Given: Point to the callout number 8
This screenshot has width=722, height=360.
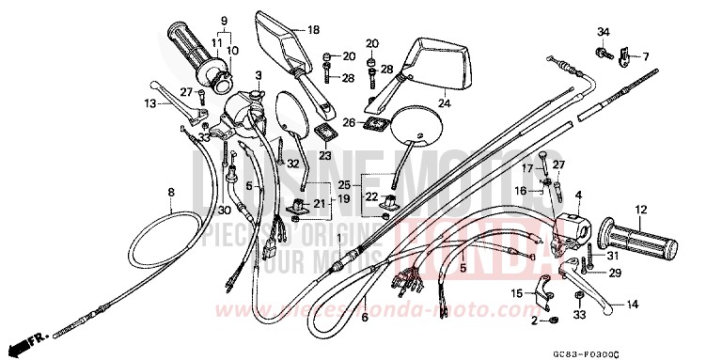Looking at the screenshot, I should point(171,194).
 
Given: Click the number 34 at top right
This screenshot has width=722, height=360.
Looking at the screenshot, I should point(603,34).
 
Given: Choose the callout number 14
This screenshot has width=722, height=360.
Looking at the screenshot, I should point(632,304).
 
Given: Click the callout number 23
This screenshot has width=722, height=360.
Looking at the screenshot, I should point(325,156).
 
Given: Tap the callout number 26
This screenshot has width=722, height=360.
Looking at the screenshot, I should point(348,122).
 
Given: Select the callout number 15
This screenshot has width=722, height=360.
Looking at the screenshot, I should point(515,294).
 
